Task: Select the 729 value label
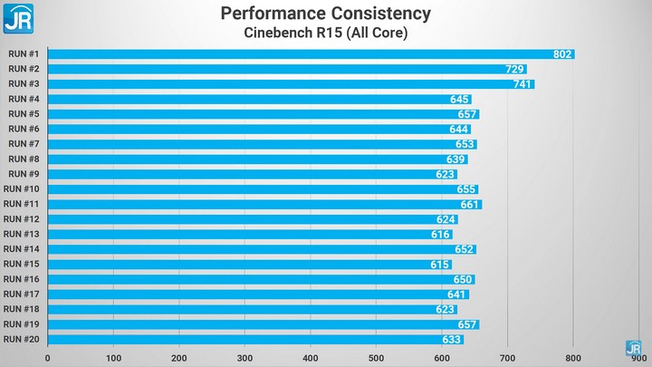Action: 514,69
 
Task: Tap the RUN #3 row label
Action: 23,83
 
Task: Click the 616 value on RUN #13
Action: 440,235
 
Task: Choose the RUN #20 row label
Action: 21,340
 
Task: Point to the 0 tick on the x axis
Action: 48,358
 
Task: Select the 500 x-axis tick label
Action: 377,358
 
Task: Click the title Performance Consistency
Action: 325,14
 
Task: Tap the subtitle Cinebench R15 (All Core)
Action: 325,34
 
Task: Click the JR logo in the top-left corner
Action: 18,17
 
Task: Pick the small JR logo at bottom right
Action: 633,347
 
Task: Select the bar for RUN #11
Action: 263,204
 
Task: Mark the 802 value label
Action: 562,54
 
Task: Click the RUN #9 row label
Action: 23,174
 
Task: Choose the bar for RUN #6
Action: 258,129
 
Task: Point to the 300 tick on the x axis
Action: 244,358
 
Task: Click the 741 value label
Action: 523,84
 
